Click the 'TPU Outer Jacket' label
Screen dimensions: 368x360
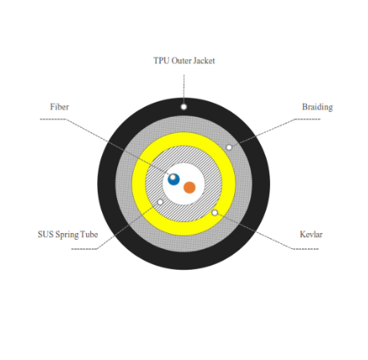(184, 61)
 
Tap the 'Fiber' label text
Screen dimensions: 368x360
(59, 107)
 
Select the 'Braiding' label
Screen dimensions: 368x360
(317, 107)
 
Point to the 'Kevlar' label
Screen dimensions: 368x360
(311, 234)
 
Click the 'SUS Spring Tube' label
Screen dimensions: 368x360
(68, 235)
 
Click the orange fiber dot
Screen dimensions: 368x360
(190, 187)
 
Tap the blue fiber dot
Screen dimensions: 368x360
(174, 180)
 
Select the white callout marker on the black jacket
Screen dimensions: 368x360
(183, 107)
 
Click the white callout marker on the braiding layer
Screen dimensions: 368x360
(229, 147)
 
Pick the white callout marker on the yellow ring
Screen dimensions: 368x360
(215, 213)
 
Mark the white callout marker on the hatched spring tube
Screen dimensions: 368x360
(161, 202)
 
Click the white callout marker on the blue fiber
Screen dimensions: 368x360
(172, 177)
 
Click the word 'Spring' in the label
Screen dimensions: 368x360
(67, 235)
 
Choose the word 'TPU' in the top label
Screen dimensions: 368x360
(161, 61)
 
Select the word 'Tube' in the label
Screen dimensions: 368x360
(89, 235)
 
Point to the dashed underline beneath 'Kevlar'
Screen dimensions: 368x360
(305, 249)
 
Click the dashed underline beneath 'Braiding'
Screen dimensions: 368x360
(308, 119)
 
